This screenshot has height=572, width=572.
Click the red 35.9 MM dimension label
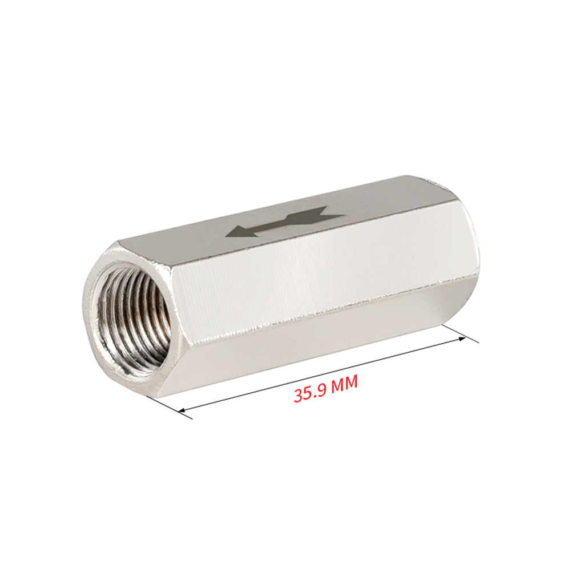[325, 389]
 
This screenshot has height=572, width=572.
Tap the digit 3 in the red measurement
[299, 396]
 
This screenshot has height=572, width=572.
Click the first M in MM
[338, 385]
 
